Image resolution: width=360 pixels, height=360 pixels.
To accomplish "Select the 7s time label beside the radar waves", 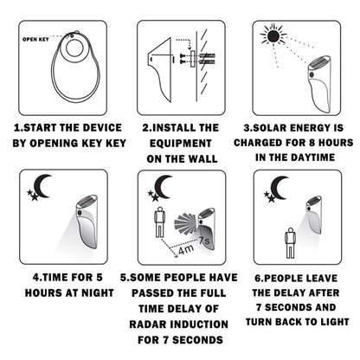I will (x=205, y=236).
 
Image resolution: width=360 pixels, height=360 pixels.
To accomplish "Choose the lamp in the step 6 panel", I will (x=318, y=225).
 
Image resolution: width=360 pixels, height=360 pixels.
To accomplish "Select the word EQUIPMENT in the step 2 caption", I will (x=178, y=143).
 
